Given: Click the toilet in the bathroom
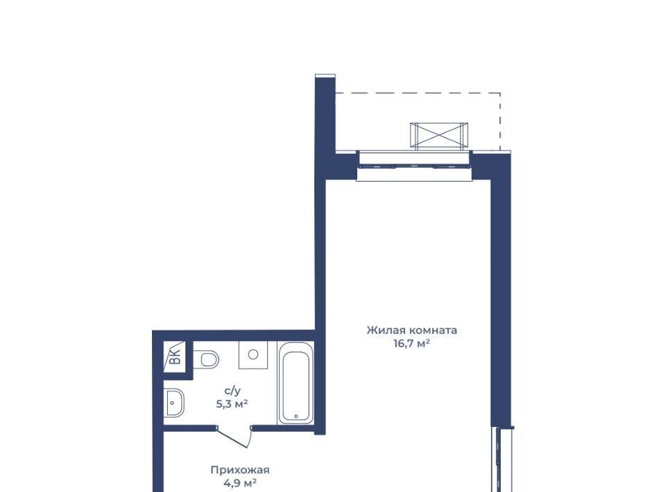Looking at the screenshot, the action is (207, 359).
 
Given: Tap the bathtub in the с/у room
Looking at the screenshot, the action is (296, 383).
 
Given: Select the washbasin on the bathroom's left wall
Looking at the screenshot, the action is (174, 402).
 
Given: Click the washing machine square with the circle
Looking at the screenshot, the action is (253, 355).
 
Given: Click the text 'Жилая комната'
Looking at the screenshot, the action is (411, 330).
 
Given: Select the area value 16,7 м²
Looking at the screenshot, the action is (411, 344).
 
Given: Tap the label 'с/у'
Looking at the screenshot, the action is (232, 391).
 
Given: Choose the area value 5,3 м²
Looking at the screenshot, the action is (232, 404).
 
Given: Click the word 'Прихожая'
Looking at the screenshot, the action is (240, 470).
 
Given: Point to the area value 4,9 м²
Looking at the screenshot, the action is (240, 483).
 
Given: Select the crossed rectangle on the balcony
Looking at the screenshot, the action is (439, 136).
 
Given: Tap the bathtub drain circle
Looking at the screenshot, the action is (296, 416).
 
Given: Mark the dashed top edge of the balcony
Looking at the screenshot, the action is (418, 93).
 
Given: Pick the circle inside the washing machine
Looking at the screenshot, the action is (253, 354).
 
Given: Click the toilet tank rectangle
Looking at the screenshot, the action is (196, 359).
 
